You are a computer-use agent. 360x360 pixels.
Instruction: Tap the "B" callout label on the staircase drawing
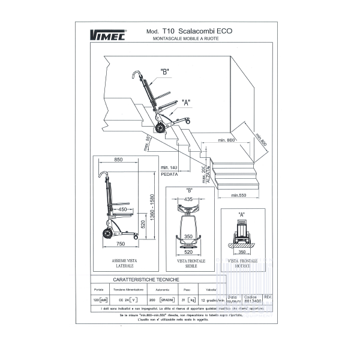coord(164,72)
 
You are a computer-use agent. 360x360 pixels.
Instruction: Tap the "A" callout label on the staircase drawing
coord(185,103)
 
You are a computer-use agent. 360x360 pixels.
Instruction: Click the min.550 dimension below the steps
coord(239,196)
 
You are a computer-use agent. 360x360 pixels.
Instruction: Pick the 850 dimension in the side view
coord(118,160)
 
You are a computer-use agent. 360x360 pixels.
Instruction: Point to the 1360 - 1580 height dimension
coord(153,206)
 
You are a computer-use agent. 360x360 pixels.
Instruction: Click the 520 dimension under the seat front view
coord(188,253)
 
